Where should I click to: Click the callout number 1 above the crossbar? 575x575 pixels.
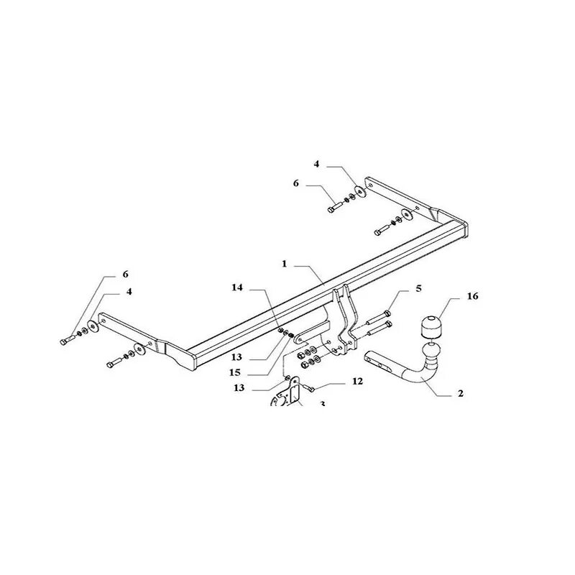pos(285,264)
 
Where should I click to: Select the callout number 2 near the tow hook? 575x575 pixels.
pos(461,393)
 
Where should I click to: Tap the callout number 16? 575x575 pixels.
pos(471,296)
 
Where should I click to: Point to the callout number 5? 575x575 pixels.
pos(418,290)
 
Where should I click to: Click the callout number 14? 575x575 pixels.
pos(237,287)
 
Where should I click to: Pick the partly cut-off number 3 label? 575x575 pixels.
pos(323,404)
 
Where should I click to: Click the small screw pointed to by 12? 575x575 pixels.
pos(310,389)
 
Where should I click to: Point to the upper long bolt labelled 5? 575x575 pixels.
pos(379,316)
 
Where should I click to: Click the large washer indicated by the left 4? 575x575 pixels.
pos(95,328)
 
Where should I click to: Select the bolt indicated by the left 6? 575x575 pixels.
pos(68,338)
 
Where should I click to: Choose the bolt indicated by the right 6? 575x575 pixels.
pos(335,206)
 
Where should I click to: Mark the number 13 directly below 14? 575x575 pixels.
pos(237,356)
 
